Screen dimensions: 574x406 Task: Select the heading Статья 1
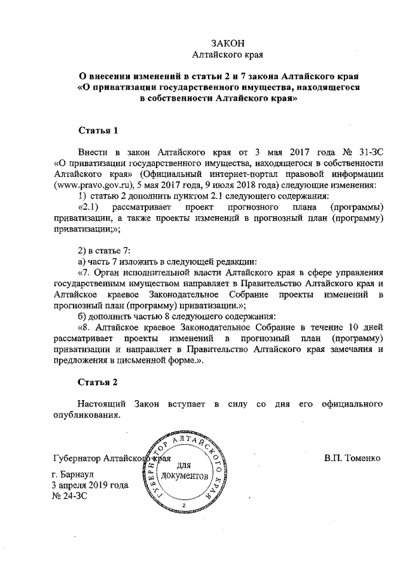(x=98, y=131)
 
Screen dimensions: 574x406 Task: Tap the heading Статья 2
(x=98, y=382)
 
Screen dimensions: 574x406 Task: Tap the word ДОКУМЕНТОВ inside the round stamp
(x=185, y=476)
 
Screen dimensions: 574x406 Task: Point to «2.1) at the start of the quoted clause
(x=89, y=207)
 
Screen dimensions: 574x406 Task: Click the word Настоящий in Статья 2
(x=99, y=404)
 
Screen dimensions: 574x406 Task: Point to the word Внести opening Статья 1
(x=93, y=153)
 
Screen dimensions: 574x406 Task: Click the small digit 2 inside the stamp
(x=183, y=505)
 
